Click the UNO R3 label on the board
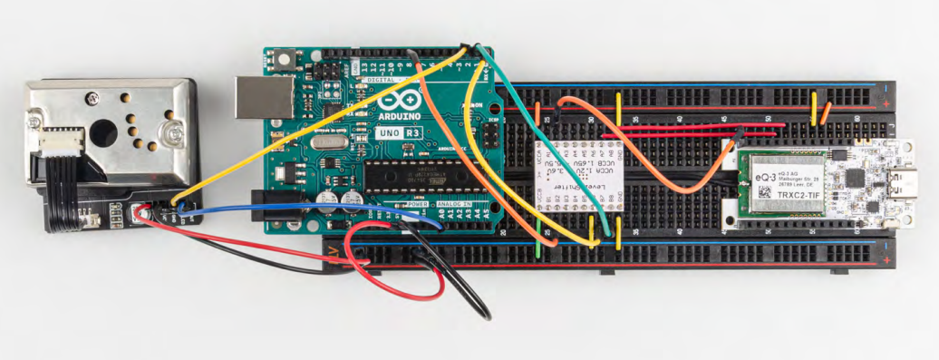399,132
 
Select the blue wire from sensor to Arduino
299,209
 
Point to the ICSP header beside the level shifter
489,135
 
